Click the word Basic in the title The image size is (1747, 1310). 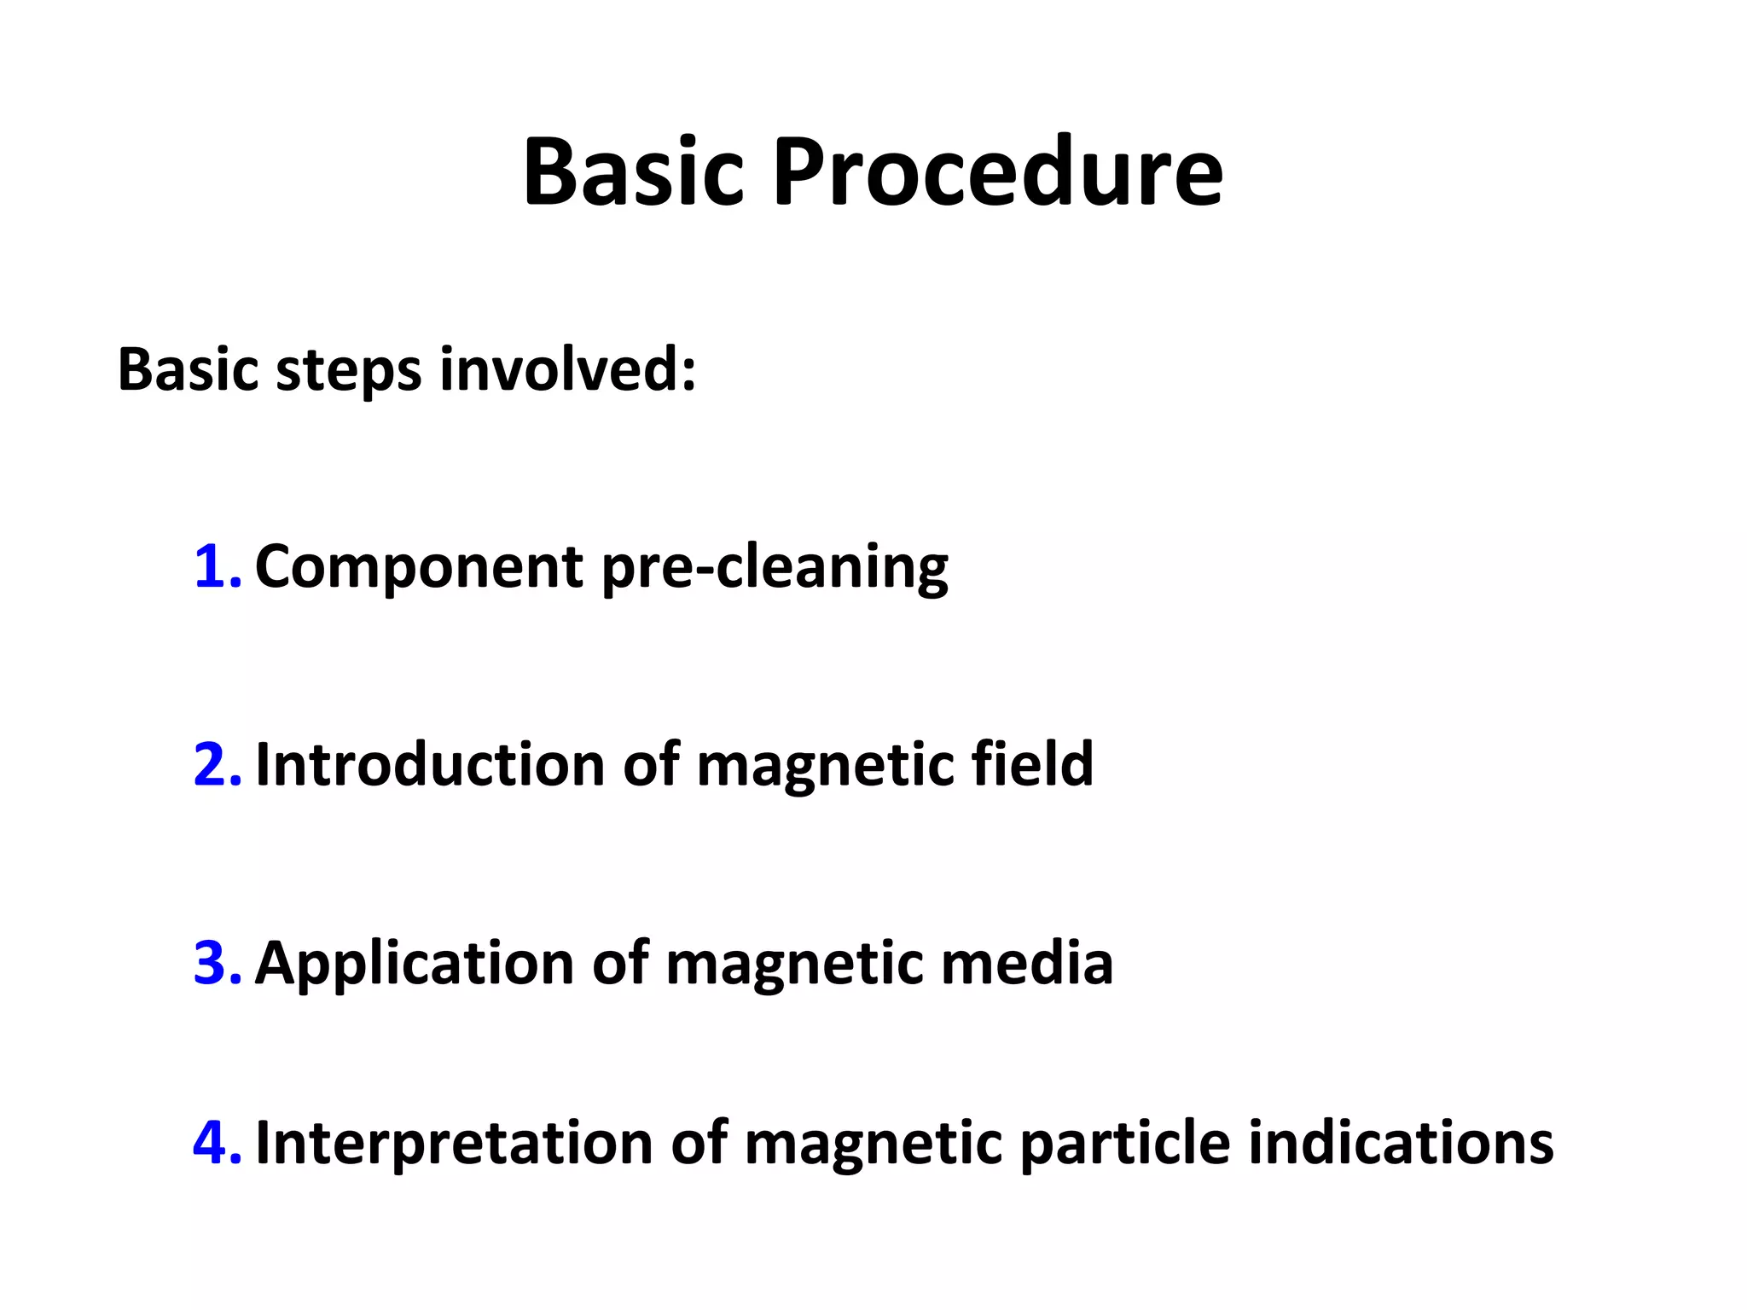(633, 173)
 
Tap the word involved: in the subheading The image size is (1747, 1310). (567, 370)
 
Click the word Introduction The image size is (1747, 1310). (430, 764)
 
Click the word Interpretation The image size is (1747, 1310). (454, 1143)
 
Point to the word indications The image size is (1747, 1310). (1401, 1143)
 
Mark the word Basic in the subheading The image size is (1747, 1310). (187, 370)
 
